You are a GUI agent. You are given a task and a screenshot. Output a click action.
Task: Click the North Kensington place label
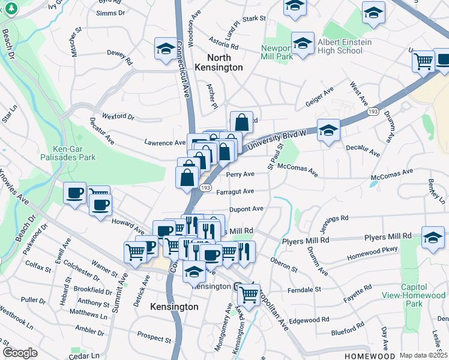(225, 62)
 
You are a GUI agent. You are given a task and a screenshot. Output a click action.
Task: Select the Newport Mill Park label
(277, 53)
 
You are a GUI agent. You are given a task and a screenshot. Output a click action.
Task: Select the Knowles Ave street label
(13, 187)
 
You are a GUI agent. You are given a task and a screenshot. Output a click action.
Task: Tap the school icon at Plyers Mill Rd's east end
(432, 237)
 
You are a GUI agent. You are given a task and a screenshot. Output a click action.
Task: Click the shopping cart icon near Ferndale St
(249, 293)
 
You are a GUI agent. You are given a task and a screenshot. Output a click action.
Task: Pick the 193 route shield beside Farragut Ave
(205, 188)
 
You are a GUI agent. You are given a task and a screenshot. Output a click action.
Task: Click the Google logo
(20, 353)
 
